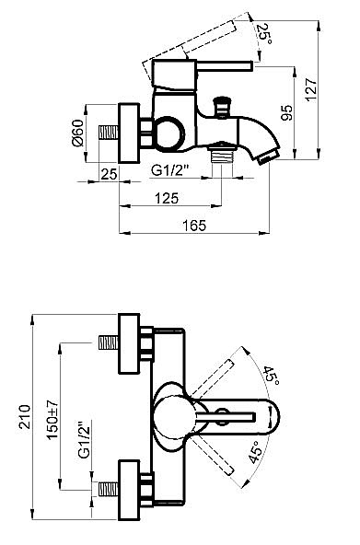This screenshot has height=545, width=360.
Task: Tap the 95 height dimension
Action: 287,113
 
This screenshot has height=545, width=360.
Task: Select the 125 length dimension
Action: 166,199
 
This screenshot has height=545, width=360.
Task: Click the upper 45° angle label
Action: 270,375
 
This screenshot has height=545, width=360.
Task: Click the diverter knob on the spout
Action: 222,103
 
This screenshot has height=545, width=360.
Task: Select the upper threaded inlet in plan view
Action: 110,342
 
